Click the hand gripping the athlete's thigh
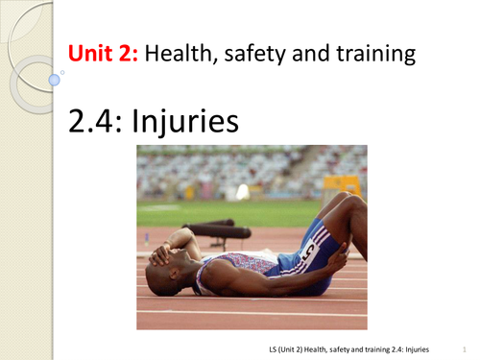(339, 254)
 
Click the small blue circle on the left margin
(62, 71)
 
